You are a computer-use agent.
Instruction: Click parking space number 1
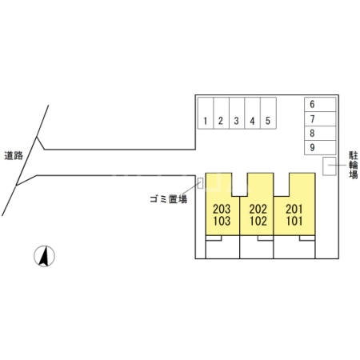[206, 113]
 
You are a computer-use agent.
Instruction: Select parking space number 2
[222, 113]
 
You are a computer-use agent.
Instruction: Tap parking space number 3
[237, 113]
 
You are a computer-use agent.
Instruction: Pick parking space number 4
[252, 113]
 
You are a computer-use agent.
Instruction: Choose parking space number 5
[268, 113]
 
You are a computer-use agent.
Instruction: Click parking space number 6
[320, 104]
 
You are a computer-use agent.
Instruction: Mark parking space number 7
[320, 118]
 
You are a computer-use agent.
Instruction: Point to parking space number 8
[320, 133]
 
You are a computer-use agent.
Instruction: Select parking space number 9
[320, 147]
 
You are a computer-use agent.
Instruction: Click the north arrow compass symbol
[44, 256]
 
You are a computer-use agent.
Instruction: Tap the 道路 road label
[14, 155]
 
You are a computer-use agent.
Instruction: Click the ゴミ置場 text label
[169, 199]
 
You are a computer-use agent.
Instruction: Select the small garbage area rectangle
[200, 183]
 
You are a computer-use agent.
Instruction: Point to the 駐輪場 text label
[354, 165]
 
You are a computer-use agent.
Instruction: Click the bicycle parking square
[330, 166]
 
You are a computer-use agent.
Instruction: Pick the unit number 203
[222, 209]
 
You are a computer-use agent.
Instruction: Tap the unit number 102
[258, 221]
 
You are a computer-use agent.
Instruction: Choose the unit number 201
[294, 209]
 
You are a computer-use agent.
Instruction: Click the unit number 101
[294, 221]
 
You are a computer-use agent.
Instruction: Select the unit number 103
[222, 221]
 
